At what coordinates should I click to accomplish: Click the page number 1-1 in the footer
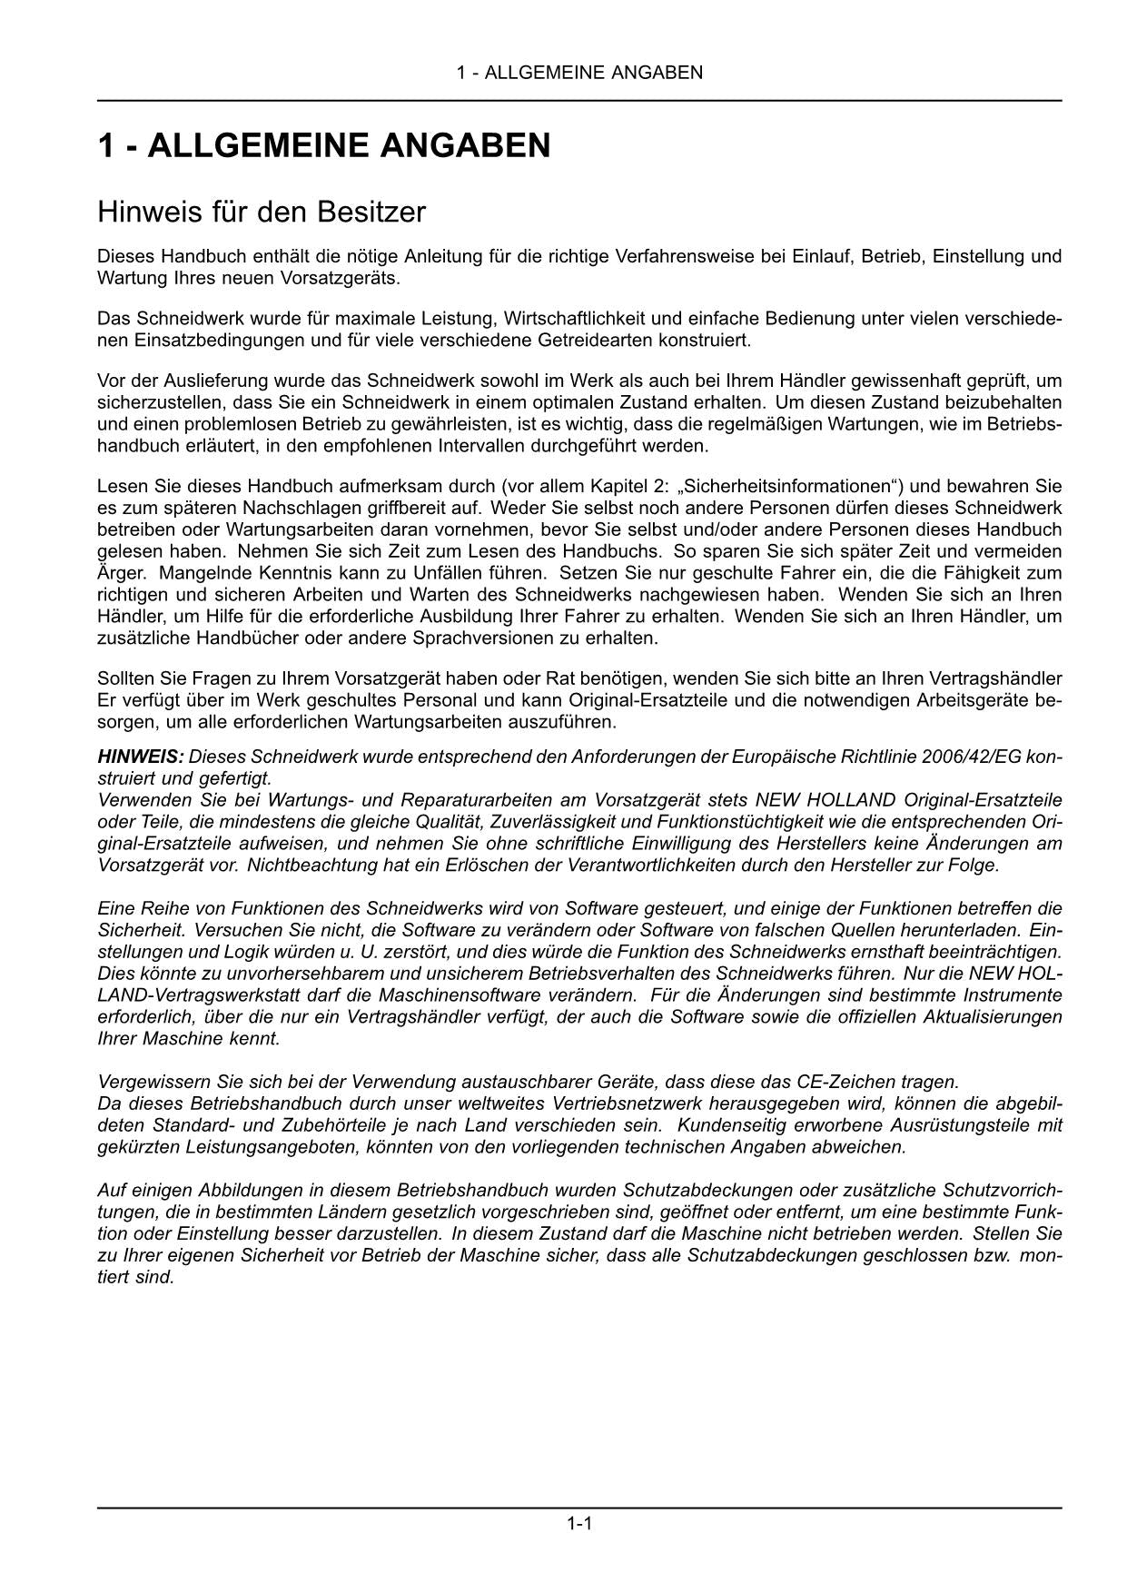[579, 1523]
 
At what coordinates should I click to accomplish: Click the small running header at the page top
[579, 73]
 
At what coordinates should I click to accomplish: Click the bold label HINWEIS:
[141, 757]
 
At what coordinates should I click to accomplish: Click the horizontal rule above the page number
[579, 1509]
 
